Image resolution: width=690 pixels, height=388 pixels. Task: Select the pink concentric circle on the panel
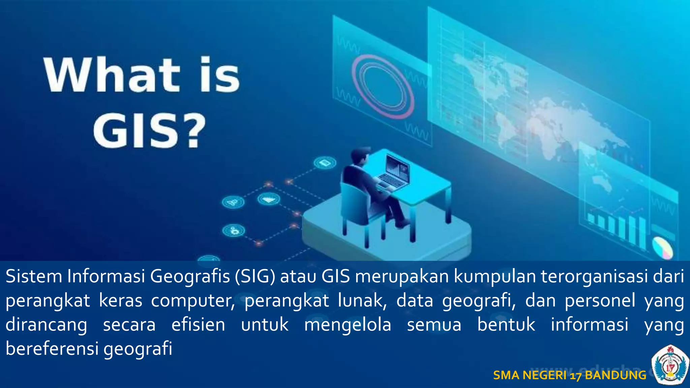(x=383, y=86)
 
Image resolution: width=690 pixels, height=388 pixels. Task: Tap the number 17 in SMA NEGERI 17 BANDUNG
(x=576, y=376)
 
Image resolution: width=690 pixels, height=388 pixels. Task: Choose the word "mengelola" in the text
(x=348, y=325)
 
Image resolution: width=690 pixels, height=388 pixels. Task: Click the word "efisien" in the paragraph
(x=198, y=325)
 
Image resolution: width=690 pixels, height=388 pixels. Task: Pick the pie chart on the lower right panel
(x=662, y=248)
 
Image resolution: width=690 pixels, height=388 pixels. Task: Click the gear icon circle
(x=233, y=231)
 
